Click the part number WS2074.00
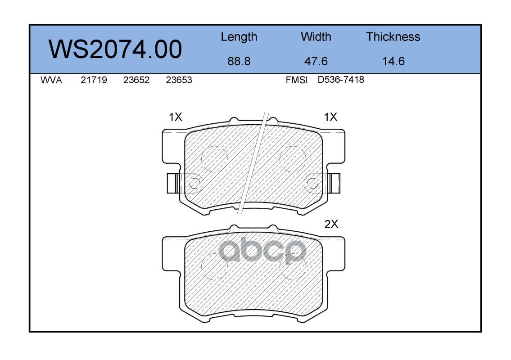(x=115, y=49)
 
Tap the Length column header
(x=239, y=37)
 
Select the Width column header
(x=316, y=36)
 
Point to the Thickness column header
(x=393, y=36)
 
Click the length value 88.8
(x=239, y=61)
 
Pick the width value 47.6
(x=316, y=61)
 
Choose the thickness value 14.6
(x=393, y=61)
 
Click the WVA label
(x=51, y=80)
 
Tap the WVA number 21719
(x=94, y=80)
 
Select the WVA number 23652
(x=136, y=80)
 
